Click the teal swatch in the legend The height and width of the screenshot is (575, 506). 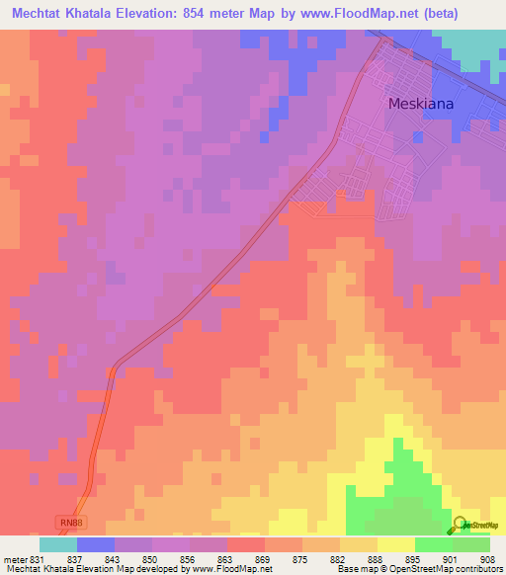pos(58,544)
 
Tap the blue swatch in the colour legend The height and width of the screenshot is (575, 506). pos(96,544)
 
